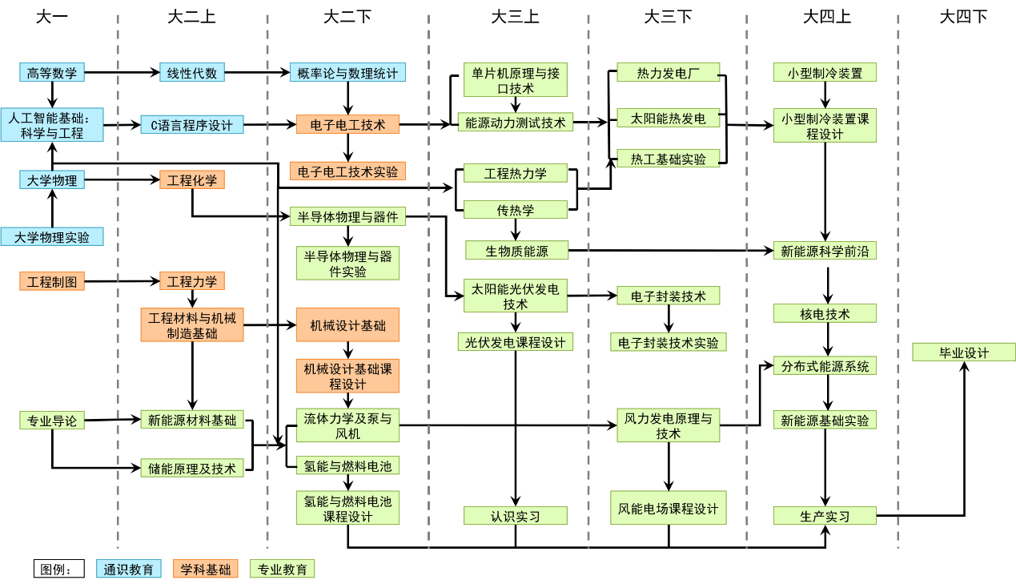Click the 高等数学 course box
(x=52, y=73)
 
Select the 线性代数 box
(x=192, y=73)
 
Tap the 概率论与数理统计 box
(x=347, y=73)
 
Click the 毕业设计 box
(x=964, y=352)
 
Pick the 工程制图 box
(x=52, y=281)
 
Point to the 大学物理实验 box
(x=52, y=237)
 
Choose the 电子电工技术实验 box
(x=347, y=171)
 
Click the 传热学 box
(x=516, y=210)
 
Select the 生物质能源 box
(x=517, y=251)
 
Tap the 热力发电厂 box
(x=669, y=73)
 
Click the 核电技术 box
(x=825, y=314)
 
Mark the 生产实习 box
(x=825, y=516)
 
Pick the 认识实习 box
(x=516, y=516)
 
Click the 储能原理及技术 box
(x=192, y=469)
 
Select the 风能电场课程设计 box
(x=669, y=508)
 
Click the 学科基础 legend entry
(x=206, y=570)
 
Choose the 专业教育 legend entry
(x=283, y=570)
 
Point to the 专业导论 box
(x=52, y=421)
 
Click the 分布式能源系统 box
(x=825, y=366)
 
